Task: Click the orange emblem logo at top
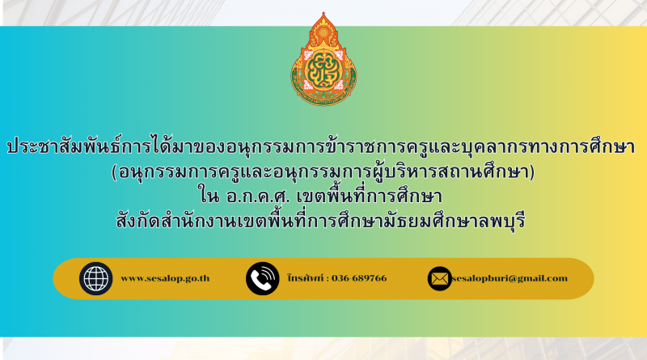tap(323, 59)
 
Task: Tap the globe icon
tap(95, 278)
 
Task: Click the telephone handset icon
tap(262, 278)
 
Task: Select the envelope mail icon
tap(439, 278)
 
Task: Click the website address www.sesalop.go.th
tap(165, 278)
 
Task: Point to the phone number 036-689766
tap(359, 278)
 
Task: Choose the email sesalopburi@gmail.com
tap(510, 278)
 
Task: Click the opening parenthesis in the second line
tap(114, 172)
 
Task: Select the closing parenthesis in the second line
tap(532, 172)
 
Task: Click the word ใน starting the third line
tap(209, 195)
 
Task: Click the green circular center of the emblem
tap(323, 69)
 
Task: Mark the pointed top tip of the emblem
tap(323, 12)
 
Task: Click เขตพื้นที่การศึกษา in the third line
tap(370, 195)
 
